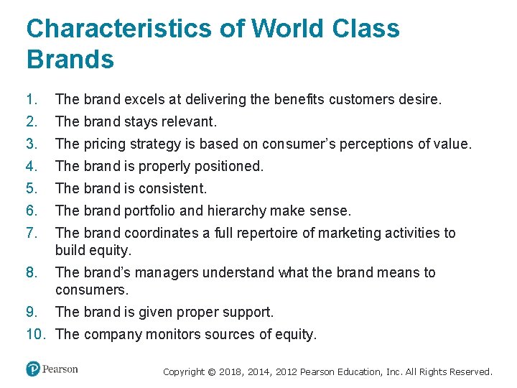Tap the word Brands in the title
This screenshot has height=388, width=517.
[x=70, y=60]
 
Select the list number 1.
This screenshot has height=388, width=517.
[x=30, y=99]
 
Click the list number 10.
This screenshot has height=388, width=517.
[x=36, y=334]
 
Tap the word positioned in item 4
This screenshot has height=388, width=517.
[x=227, y=166]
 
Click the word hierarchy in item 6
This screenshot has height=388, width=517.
[x=238, y=211]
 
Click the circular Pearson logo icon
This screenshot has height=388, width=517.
[x=32, y=369]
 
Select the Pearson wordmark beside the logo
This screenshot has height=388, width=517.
[x=60, y=369]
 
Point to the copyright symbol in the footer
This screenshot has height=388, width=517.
[x=212, y=372]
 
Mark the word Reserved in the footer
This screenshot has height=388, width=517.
[x=469, y=372]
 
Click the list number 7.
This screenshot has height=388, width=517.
[x=30, y=233]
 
